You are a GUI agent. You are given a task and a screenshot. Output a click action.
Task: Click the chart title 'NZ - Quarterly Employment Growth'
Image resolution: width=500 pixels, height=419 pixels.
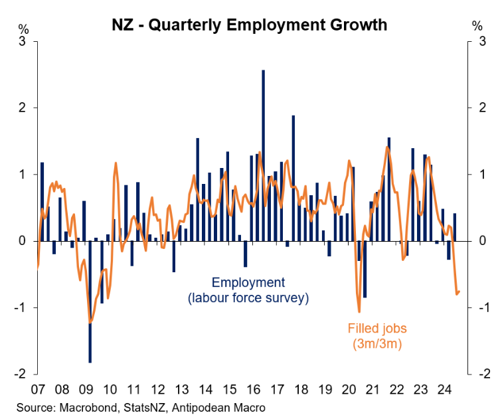(249, 25)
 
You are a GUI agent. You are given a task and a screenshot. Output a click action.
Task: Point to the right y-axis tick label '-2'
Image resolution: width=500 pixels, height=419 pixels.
(476, 374)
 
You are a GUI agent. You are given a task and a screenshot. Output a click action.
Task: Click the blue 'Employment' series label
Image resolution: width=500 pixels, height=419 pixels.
(248, 282)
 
